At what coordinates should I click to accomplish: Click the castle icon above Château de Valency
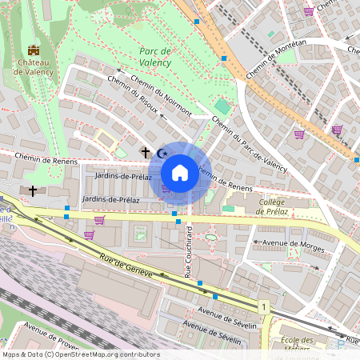(33, 50)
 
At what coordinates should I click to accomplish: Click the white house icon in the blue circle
(180, 173)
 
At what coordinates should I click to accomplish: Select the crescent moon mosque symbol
(162, 152)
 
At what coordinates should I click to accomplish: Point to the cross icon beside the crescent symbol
(146, 151)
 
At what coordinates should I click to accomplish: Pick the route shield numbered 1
(262, 306)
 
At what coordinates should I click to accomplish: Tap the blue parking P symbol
(342, 346)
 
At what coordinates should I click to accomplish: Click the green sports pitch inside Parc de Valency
(222, 106)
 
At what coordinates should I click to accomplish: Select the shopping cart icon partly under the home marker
(166, 189)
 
